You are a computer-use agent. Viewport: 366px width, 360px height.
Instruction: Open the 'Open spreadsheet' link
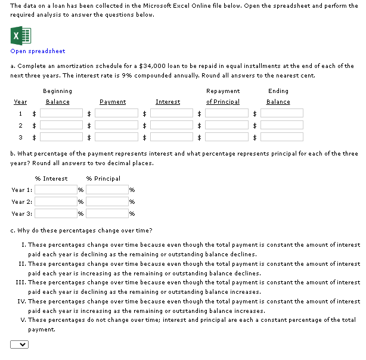38,51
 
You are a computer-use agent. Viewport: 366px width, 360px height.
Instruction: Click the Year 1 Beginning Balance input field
61,113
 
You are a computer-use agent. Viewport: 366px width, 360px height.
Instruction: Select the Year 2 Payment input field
117,125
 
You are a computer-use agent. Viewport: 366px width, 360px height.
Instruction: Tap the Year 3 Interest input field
172,137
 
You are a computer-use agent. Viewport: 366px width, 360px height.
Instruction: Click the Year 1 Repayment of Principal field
227,113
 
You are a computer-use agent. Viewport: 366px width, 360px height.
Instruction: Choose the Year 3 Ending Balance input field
282,137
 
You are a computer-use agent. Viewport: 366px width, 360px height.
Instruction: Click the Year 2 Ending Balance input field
282,125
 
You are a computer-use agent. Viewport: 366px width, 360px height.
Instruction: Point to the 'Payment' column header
113,102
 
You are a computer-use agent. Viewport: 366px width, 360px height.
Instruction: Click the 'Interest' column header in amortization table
168,102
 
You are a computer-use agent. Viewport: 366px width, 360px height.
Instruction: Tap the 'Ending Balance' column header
278,97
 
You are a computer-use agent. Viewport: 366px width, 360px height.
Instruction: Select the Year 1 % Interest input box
56,190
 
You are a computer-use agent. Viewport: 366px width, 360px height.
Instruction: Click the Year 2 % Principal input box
107,201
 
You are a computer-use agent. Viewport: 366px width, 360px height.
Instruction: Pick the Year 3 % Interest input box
56,213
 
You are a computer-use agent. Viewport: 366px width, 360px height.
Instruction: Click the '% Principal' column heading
103,179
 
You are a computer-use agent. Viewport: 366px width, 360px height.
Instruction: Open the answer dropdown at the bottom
19,344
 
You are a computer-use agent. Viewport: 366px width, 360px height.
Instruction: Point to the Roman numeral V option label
23,320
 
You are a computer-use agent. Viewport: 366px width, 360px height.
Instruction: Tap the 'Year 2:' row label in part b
21,202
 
